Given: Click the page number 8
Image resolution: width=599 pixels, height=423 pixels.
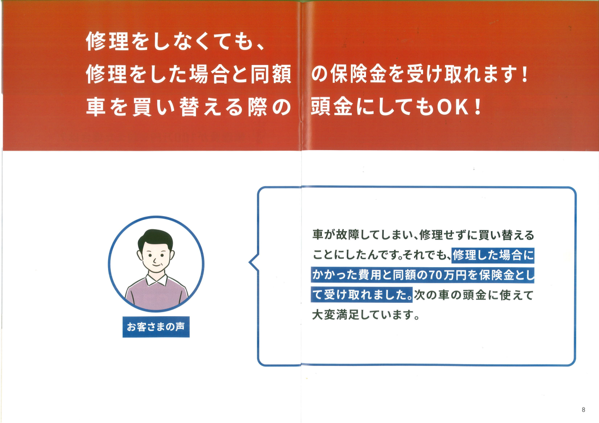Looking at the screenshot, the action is (x=583, y=409).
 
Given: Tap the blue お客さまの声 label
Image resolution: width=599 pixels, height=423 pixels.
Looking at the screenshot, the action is (x=156, y=327).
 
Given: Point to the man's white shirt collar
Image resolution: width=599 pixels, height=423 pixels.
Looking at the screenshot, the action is (x=156, y=280).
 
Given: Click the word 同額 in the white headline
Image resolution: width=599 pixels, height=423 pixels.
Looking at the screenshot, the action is (x=270, y=74).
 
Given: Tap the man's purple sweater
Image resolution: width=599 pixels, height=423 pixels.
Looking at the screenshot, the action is (x=156, y=294).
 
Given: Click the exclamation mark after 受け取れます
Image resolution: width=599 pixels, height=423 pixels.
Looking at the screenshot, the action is (x=525, y=74).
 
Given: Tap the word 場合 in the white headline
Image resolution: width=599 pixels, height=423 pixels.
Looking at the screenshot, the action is (x=209, y=74).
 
